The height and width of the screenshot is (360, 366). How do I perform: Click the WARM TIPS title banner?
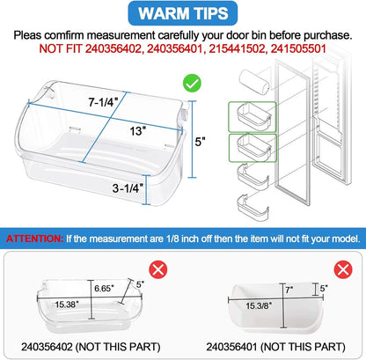coord(183,13)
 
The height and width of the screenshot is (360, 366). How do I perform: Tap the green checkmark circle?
coord(192,84)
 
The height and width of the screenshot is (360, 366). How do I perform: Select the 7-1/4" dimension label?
coord(103,102)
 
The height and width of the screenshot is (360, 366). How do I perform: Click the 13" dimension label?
coord(138,131)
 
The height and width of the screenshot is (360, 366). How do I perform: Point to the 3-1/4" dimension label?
coord(128,188)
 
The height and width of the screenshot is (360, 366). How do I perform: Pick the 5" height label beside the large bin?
coord(200,142)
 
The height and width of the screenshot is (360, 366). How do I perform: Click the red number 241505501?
coord(298,48)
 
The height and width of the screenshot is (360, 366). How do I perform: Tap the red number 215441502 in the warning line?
coord(237,48)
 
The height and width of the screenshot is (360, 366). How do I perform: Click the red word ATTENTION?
coord(34,239)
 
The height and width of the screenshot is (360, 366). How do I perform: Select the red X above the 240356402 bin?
coord(158,270)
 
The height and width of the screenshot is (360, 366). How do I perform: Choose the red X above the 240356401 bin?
coord(343,269)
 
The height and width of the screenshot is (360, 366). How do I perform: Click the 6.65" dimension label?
coord(104,289)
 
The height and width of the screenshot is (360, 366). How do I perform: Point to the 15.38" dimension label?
coord(67,305)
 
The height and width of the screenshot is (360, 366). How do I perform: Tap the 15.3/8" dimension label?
coord(259,306)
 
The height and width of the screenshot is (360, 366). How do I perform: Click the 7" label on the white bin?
coord(289,290)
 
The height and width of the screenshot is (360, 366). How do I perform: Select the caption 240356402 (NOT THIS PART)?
coord(91,347)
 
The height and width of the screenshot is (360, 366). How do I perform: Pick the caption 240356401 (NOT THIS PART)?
coord(275,347)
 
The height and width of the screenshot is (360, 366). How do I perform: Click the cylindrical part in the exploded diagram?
coord(254,81)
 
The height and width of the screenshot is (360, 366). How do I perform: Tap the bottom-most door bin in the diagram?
coord(253,208)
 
